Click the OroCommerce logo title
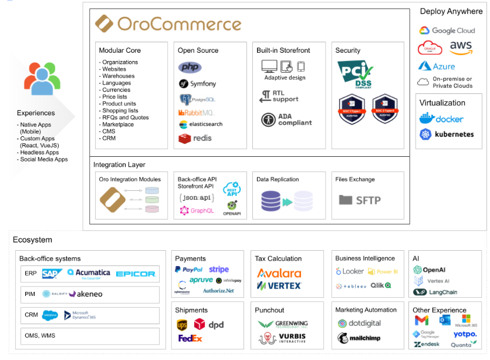point(168,24)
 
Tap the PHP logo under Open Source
point(190,68)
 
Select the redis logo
point(195,139)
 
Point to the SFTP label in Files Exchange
point(360,200)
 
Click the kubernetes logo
point(447,134)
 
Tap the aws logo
point(461,47)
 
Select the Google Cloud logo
point(447,31)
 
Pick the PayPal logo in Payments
point(188,270)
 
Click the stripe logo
point(219,270)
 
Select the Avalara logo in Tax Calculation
point(279,273)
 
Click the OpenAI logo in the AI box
point(430,270)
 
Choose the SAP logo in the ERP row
point(52,273)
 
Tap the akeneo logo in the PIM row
point(86,294)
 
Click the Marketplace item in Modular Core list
point(117,125)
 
